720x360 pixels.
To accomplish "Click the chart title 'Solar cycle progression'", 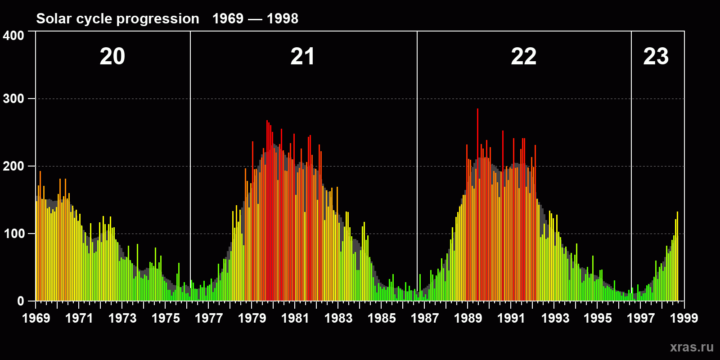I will tap(117, 18).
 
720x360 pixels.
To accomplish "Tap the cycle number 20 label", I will tap(112, 57).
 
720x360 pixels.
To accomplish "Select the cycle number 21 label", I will tap(302, 57).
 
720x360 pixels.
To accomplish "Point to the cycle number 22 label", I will tap(523, 57).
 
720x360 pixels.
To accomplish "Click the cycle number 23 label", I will tap(656, 57).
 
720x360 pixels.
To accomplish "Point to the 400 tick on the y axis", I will tap(13, 36).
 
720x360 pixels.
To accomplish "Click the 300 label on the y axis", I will tap(13, 99).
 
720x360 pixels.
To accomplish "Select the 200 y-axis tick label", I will tap(13, 166).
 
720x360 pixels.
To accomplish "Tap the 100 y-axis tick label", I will tap(13, 234).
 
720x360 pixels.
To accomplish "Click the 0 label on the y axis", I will tap(20, 301).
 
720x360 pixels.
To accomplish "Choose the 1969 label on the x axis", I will tap(36, 318).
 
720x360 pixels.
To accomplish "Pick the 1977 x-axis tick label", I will tap(209, 318).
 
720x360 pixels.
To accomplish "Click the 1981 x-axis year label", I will tap(295, 318).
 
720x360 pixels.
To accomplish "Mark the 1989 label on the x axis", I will tap(468, 318).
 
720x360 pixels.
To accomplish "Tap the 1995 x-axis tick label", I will tap(598, 318).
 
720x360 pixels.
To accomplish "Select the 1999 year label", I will tap(684, 318).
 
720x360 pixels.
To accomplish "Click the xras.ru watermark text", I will tap(692, 347).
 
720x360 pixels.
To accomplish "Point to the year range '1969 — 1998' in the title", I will tap(255, 18).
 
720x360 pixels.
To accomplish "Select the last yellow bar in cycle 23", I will tap(677, 256).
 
